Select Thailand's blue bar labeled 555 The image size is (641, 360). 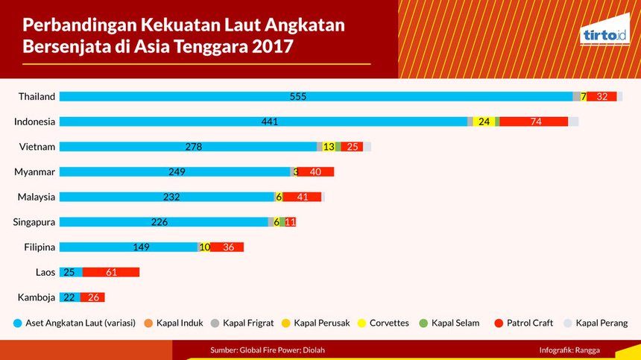[x=315, y=96]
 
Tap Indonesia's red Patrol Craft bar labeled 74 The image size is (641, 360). [x=534, y=121]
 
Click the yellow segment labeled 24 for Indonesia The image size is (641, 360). [x=484, y=121]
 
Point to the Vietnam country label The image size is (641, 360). [x=37, y=147]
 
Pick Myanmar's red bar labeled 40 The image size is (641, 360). [x=315, y=172]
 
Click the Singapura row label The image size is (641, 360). [x=34, y=222]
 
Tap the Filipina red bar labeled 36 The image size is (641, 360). [x=227, y=247]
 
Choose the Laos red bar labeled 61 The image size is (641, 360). [x=111, y=273]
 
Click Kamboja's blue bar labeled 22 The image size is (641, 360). [x=69, y=298]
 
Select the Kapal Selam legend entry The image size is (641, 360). [x=450, y=323]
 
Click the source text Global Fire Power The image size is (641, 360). [x=268, y=350]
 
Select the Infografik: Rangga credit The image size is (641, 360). [x=569, y=350]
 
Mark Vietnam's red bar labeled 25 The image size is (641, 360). [x=352, y=147]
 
